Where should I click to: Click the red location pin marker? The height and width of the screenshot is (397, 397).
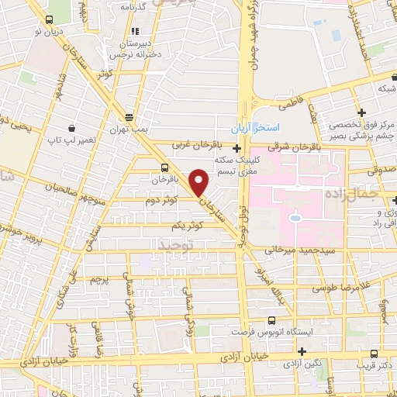click(x=199, y=181)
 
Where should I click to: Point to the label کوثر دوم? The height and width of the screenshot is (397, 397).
click(x=161, y=201)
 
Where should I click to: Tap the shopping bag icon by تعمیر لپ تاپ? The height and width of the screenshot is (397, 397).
click(x=71, y=129)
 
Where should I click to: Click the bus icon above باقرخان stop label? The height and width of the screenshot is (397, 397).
click(x=164, y=167)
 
